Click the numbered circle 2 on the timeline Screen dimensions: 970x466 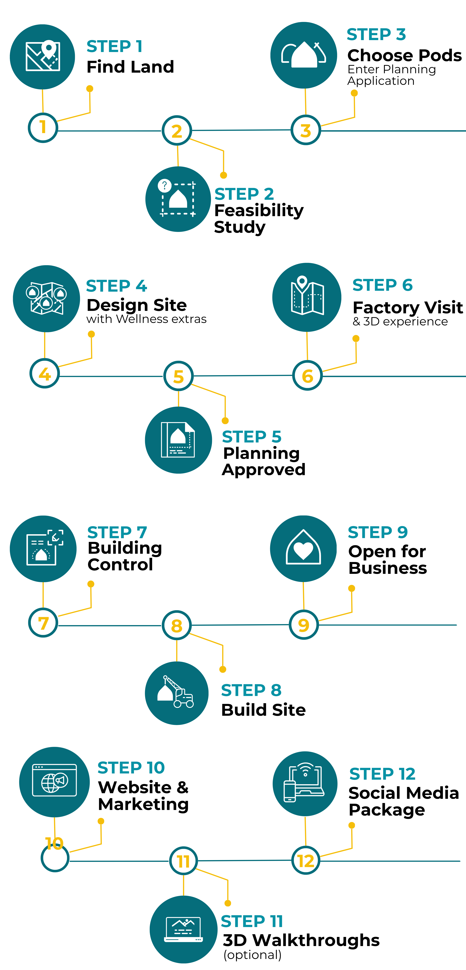[x=177, y=131]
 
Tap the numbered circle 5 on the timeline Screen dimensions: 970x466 [x=178, y=376]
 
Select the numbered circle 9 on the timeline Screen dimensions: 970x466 [x=303, y=625]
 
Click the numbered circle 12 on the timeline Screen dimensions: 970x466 [x=306, y=860]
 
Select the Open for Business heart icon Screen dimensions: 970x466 [x=303, y=549]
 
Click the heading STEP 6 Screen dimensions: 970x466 [x=382, y=285]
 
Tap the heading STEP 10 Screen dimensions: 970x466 [x=131, y=767]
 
